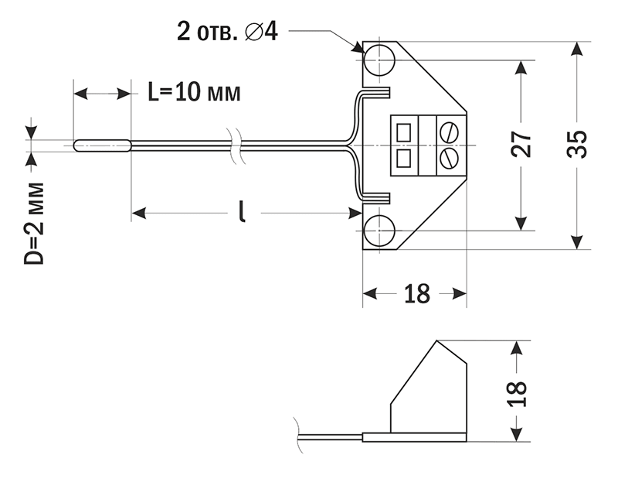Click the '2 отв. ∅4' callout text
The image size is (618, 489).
coord(225,32)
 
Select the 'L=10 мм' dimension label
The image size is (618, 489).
coord(194,93)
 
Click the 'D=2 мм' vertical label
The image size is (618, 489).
coord(34,225)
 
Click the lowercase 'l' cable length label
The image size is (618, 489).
coord(243,210)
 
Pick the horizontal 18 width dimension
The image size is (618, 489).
coord(417,294)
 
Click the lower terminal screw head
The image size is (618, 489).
coord(449,158)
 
